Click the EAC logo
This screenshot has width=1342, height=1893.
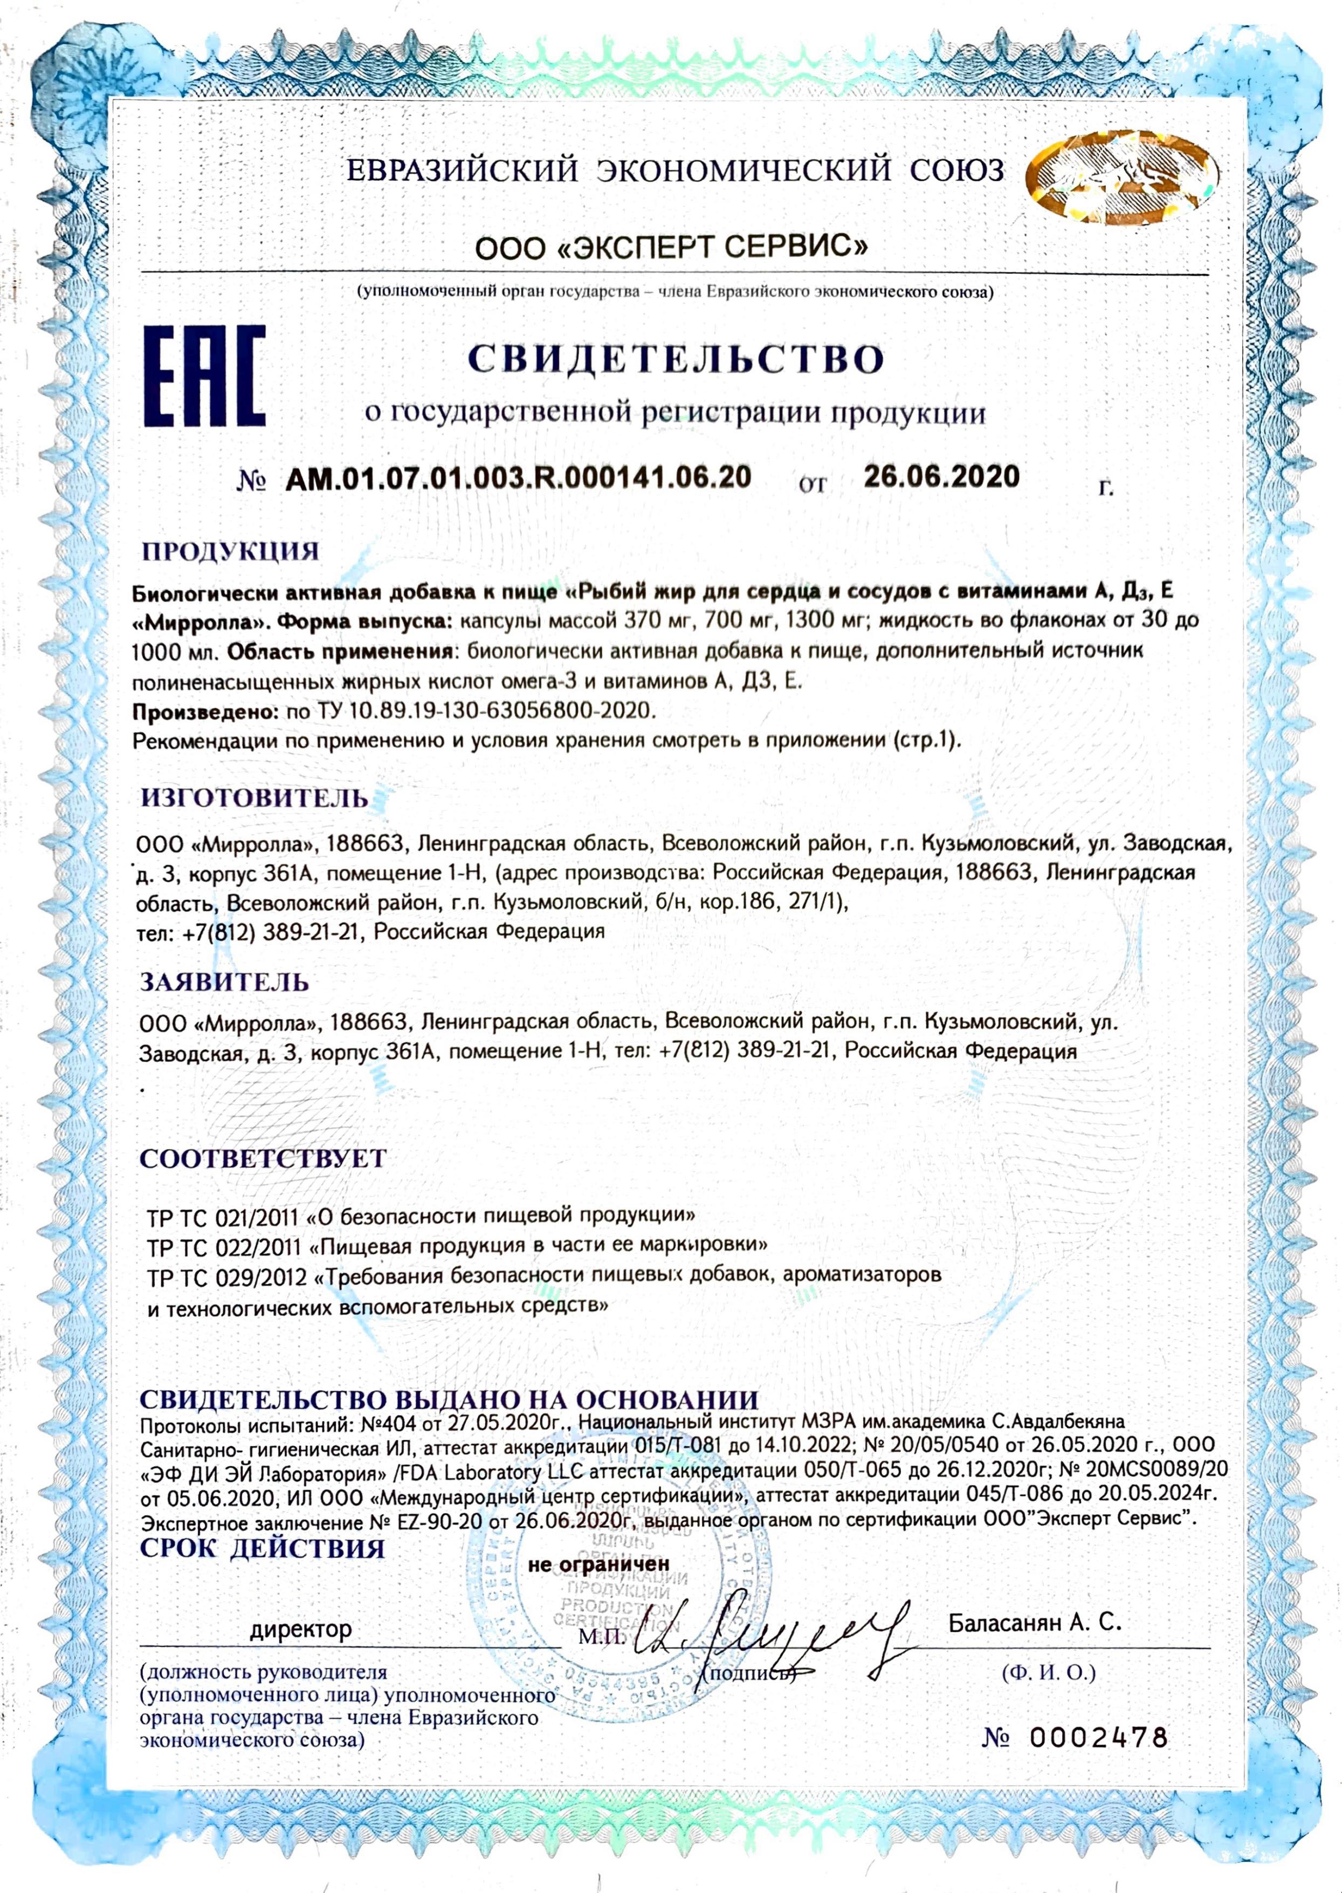pyautogui.click(x=205, y=376)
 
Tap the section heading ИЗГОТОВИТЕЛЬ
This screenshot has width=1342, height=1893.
pyautogui.click(x=254, y=798)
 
